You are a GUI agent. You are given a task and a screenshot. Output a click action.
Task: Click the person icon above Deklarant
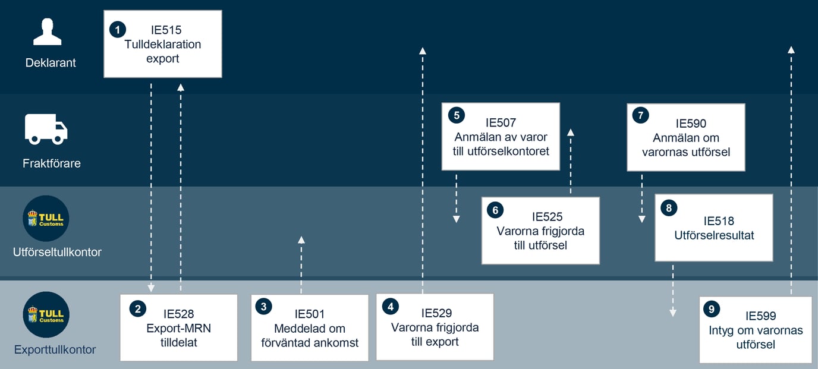pos(47,31)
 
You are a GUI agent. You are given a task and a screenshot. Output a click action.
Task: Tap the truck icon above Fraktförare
pos(46,129)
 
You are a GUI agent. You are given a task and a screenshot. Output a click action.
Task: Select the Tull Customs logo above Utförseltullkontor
pos(46,219)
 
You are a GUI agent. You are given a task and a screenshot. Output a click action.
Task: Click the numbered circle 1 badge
pos(118,30)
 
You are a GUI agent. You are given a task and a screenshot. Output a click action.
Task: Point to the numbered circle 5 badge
pos(456,115)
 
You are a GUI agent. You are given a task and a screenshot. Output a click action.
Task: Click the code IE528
pos(178,314)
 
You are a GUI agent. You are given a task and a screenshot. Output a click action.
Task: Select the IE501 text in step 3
pos(310,314)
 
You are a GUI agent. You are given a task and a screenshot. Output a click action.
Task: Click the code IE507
pos(501,123)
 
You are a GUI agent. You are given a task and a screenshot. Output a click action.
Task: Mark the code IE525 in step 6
pos(547,217)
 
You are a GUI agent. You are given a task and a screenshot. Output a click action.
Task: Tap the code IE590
pos(691,124)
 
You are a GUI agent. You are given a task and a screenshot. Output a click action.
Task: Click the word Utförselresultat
pos(714,235)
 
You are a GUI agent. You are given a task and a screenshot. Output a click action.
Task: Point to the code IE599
pos(761,316)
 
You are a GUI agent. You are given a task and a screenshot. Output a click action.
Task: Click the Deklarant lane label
pos(51,63)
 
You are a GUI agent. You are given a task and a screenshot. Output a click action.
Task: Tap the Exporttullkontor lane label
pos(55,349)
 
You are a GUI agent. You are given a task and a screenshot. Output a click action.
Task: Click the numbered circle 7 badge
pos(640,115)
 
